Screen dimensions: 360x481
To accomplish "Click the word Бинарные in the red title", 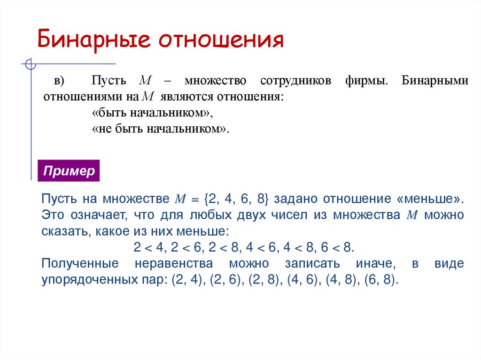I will click(94, 41).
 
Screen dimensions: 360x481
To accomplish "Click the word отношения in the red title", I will click(221, 41).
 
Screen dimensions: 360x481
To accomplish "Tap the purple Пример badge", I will click(69, 171).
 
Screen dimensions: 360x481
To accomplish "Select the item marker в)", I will click(59, 81).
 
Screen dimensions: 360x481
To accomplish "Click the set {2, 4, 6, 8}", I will click(236, 199).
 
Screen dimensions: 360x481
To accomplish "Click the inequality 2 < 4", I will click(147, 247).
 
